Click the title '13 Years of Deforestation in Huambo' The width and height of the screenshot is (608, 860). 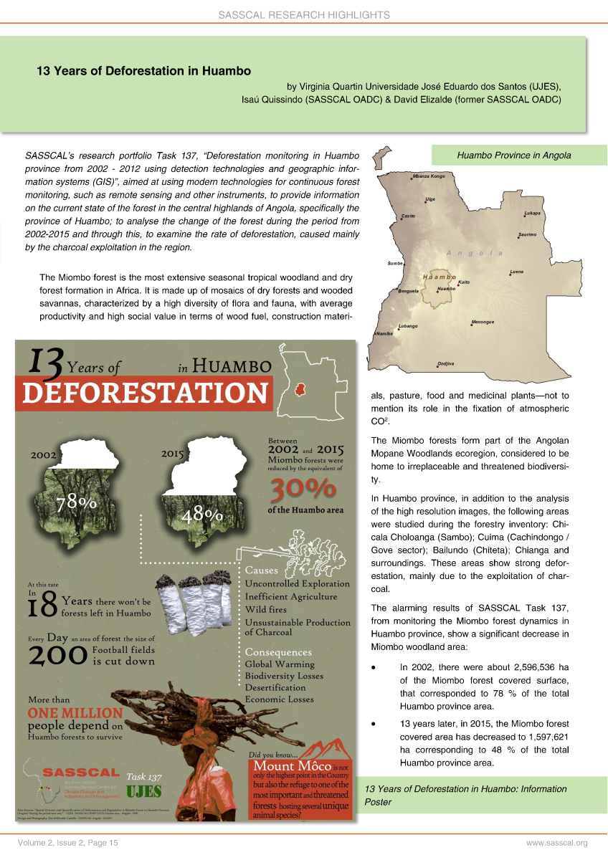pyautogui.click(x=144, y=71)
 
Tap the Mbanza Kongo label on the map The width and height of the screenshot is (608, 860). pyautogui.click(x=429, y=176)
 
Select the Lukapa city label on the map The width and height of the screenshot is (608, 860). pyautogui.click(x=532, y=213)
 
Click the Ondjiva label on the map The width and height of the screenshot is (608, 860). pyautogui.click(x=445, y=364)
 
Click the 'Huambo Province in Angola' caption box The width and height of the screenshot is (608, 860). pyautogui.click(x=518, y=155)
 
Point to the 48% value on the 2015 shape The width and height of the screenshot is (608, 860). pyautogui.click(x=203, y=515)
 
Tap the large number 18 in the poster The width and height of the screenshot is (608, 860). pyautogui.click(x=42, y=604)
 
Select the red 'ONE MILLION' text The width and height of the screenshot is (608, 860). pyautogui.click(x=75, y=713)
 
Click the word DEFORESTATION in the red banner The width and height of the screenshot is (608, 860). pyautogui.click(x=146, y=393)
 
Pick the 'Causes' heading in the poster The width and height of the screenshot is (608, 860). pyautogui.click(x=262, y=570)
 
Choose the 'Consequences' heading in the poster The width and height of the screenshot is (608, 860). pyautogui.click(x=278, y=652)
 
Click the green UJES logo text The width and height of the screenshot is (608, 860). pyautogui.click(x=144, y=791)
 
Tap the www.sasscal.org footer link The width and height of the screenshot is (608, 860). pyautogui.click(x=557, y=844)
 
